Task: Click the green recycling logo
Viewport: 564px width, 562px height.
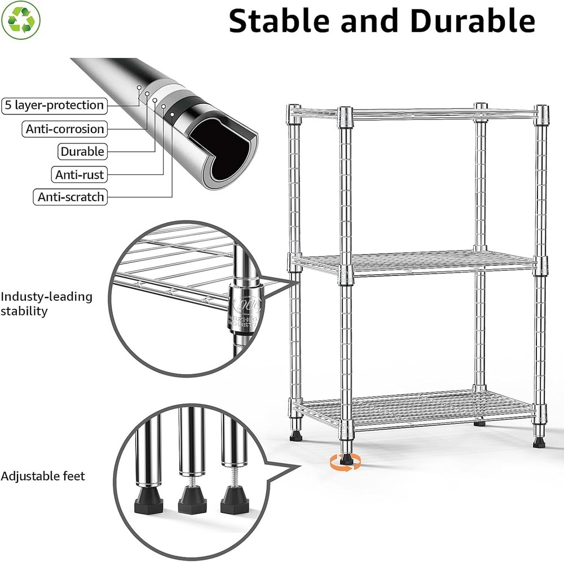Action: (x=21, y=20)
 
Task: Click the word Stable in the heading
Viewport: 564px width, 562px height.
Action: (x=285, y=21)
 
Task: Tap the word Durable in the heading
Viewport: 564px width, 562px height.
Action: (x=472, y=21)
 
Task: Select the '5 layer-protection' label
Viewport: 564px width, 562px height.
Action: (x=54, y=105)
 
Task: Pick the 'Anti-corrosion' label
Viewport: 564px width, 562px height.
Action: (x=65, y=129)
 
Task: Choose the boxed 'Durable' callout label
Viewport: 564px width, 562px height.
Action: (x=82, y=151)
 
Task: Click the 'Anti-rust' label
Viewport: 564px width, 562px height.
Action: (x=80, y=174)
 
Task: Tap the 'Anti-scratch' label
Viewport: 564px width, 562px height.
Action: (x=70, y=197)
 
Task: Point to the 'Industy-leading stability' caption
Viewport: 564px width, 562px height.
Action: (x=46, y=304)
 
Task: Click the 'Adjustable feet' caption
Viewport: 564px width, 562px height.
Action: (x=43, y=476)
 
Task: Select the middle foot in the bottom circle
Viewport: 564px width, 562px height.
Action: (x=192, y=497)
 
